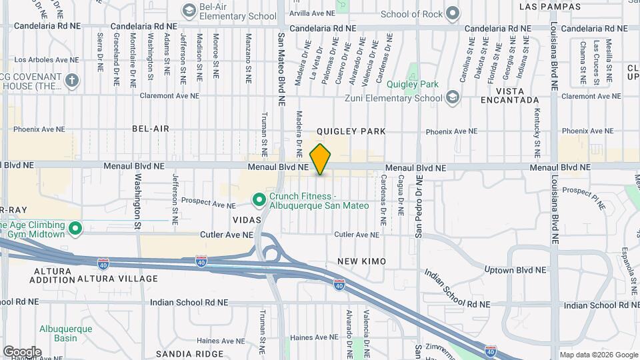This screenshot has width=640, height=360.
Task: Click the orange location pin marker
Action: coord(321,159)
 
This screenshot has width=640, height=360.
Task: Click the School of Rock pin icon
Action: coord(453,13)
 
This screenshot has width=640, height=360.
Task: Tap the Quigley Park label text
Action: coord(413,85)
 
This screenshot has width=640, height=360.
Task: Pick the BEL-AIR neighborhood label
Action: coord(151,128)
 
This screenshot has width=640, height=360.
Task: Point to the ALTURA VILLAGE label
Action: coord(117,278)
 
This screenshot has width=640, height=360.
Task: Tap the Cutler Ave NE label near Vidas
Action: coord(227,235)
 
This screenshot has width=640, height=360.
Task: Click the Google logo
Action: coord(22,351)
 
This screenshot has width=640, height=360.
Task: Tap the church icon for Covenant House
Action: coord(72,81)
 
